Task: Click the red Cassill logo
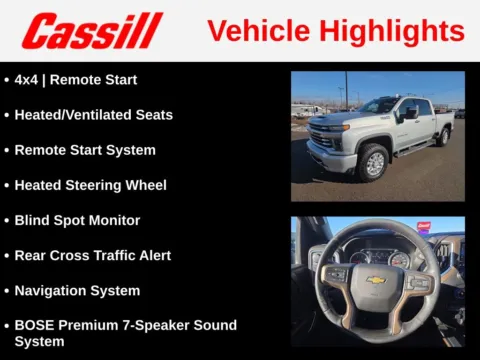coord(92,31)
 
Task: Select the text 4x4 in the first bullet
coord(26,79)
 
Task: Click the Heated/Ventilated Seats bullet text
coord(93,115)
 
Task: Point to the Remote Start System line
coord(85,150)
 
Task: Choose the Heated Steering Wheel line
coord(90,185)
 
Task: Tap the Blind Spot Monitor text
coord(77,220)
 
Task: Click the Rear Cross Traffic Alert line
coord(93,255)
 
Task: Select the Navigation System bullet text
coord(77,290)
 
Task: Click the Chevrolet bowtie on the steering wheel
coord(376,279)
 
